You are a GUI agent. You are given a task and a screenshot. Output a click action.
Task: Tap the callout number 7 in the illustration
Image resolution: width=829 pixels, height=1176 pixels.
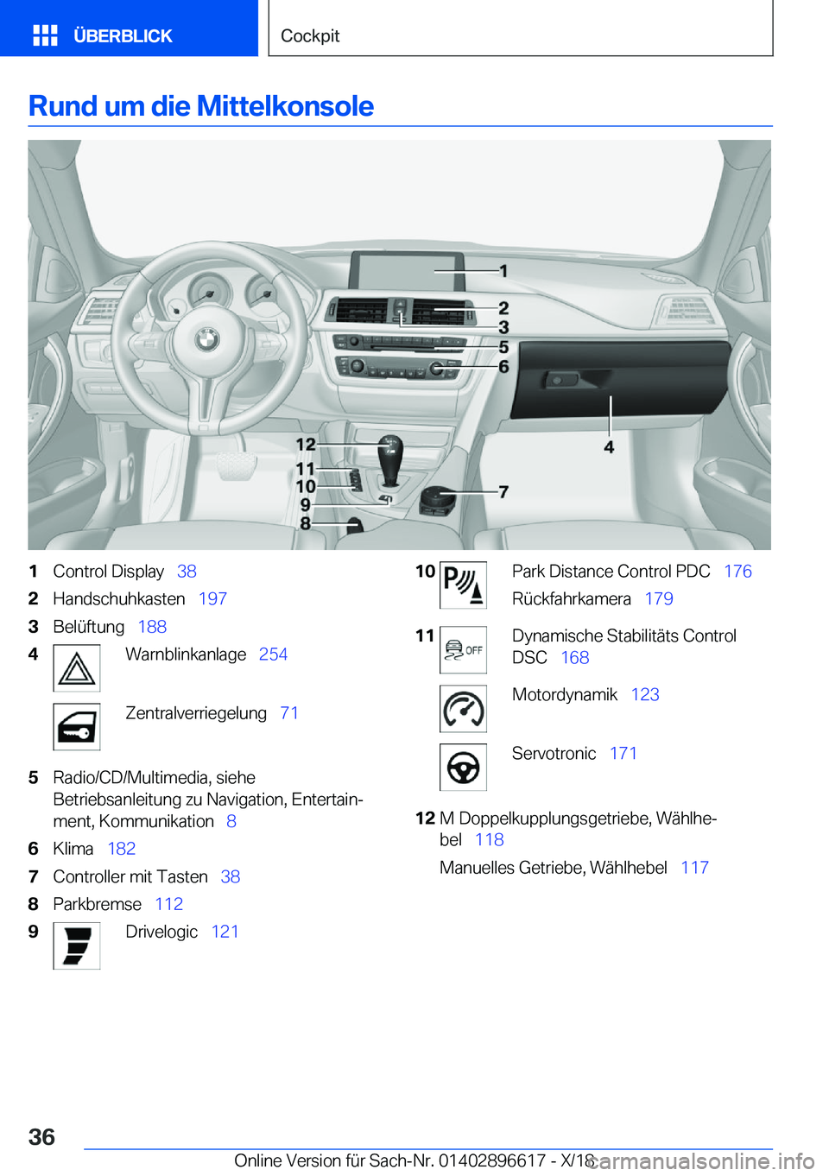click(x=503, y=491)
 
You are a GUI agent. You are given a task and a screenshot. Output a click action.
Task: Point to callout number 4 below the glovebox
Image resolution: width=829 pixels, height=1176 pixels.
click(x=609, y=447)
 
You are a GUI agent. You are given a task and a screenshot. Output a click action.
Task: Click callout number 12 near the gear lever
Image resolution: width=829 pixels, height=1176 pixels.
click(x=306, y=444)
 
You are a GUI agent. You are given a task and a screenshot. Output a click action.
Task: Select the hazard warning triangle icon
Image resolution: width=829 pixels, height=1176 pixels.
click(x=77, y=668)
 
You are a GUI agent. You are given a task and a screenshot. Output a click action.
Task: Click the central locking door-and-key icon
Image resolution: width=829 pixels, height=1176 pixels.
click(x=77, y=727)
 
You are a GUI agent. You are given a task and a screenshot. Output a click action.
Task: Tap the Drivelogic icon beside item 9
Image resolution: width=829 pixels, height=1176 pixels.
click(x=77, y=945)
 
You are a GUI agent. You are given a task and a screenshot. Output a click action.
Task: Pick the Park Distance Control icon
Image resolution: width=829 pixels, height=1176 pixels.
click(x=463, y=585)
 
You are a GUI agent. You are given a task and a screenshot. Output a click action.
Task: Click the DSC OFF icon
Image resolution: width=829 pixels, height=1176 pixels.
click(x=463, y=650)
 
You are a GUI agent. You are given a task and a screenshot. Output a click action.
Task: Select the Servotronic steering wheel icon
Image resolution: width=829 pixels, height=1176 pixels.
click(x=463, y=767)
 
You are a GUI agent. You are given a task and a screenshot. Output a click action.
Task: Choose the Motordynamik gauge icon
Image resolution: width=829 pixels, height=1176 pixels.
click(x=463, y=709)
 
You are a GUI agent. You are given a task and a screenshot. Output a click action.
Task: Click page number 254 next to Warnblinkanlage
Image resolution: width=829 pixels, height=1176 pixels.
click(x=273, y=654)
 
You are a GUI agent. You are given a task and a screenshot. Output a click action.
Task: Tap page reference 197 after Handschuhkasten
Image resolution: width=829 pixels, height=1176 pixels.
click(x=212, y=599)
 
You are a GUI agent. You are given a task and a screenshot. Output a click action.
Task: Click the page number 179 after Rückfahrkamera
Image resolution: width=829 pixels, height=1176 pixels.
click(x=659, y=599)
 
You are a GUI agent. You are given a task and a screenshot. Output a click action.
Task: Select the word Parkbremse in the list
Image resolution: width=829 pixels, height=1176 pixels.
click(x=97, y=904)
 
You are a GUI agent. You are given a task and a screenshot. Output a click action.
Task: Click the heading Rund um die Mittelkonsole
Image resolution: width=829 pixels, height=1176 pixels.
click(x=201, y=106)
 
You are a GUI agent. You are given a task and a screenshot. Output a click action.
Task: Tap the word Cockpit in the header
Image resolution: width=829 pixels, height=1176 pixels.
click(x=310, y=36)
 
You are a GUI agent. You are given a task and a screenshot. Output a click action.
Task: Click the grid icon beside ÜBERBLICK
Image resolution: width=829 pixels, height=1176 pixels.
click(x=45, y=35)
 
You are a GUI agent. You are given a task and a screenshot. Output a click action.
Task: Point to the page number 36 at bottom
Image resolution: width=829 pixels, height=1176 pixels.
click(x=41, y=1136)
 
